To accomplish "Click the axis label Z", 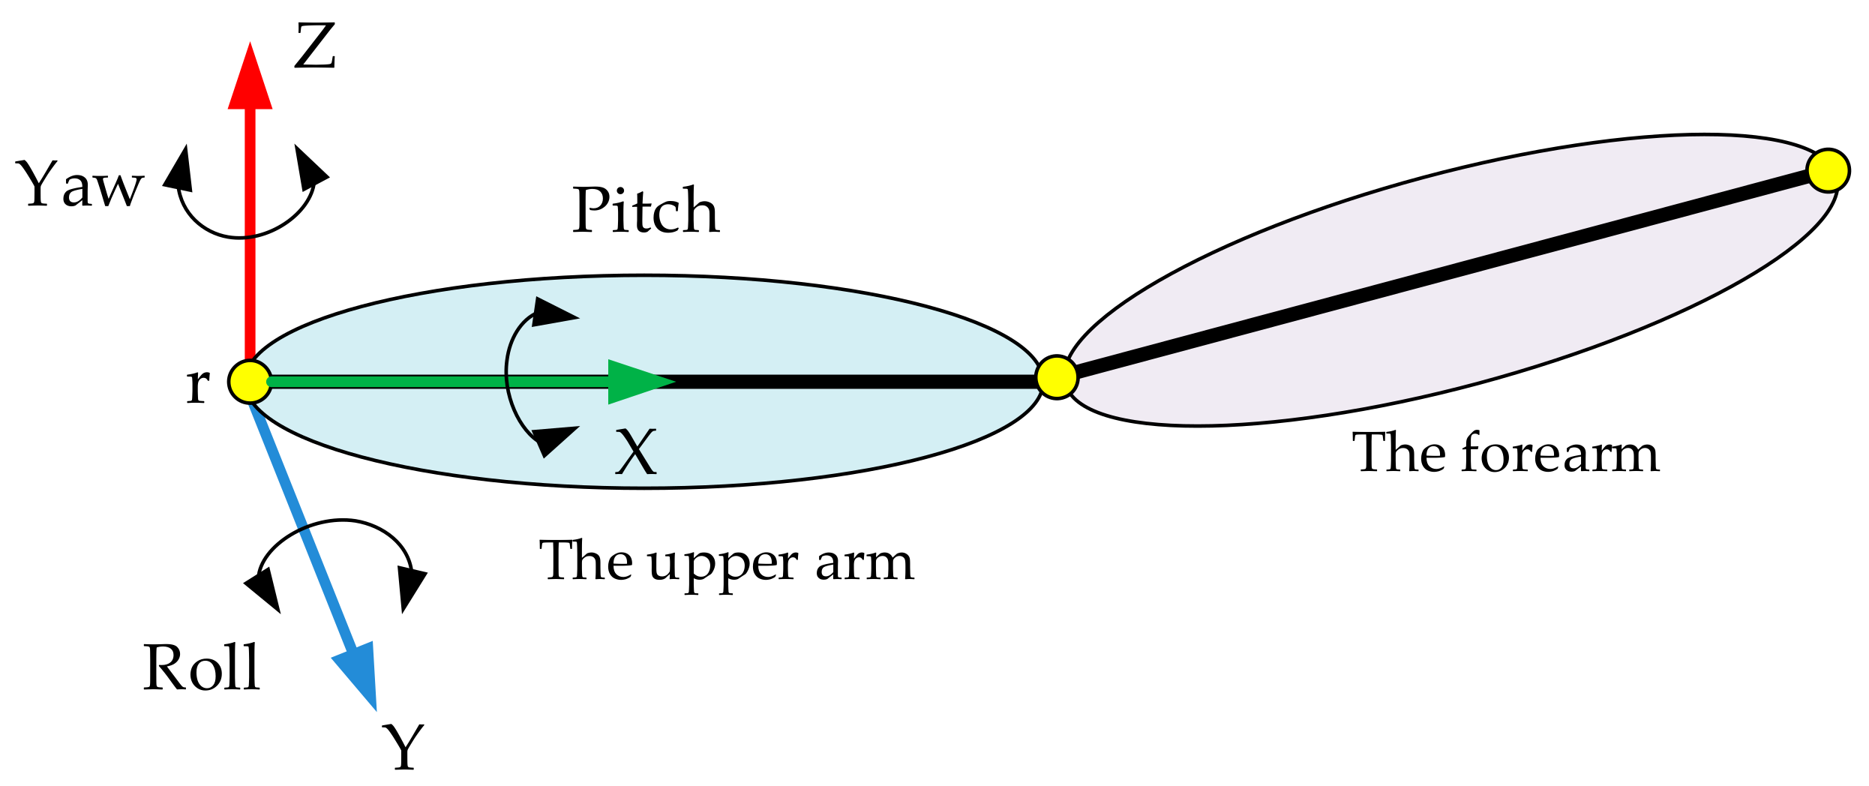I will coord(314,46).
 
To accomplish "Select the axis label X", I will coord(636,452).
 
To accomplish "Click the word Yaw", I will coord(79,185).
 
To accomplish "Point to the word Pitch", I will coord(646,211).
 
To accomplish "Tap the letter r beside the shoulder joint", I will coord(197,385).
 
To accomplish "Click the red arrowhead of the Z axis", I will coord(250,79).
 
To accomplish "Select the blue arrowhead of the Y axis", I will coord(358,673).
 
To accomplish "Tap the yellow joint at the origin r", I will coord(250,382).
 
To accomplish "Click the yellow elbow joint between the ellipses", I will coord(1057,377).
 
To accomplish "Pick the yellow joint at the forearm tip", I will coord(1828,170).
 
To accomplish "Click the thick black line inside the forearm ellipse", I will coord(1440,274).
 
